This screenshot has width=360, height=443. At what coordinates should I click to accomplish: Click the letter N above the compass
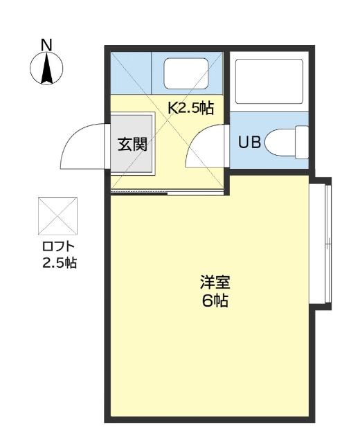point(46,45)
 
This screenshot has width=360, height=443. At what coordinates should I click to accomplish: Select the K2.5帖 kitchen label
point(190,107)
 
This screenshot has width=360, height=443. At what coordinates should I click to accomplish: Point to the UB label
point(249,143)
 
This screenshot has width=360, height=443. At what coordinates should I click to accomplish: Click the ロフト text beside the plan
point(58,246)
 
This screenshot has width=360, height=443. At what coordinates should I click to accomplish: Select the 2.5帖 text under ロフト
point(58,262)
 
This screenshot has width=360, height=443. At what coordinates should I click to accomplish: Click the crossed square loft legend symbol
point(58,217)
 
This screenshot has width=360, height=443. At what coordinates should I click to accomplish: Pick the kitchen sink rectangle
point(186,74)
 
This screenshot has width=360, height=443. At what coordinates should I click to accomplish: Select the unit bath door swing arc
point(206,147)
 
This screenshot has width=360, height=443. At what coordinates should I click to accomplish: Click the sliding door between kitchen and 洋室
point(195,192)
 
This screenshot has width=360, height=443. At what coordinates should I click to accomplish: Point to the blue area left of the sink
point(132,73)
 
